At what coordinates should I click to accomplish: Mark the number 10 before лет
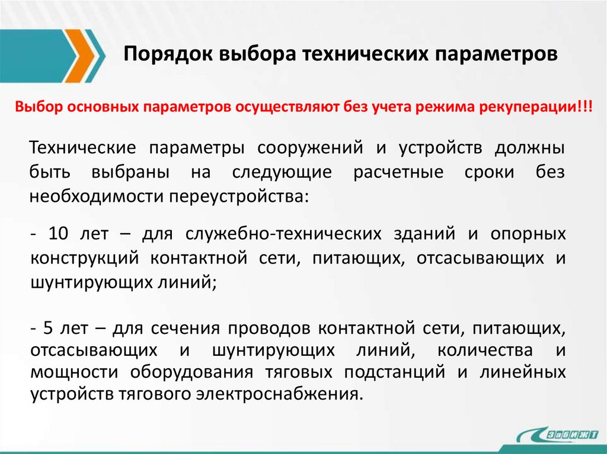[x=62, y=234]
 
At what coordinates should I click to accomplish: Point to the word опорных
[x=528, y=234]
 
